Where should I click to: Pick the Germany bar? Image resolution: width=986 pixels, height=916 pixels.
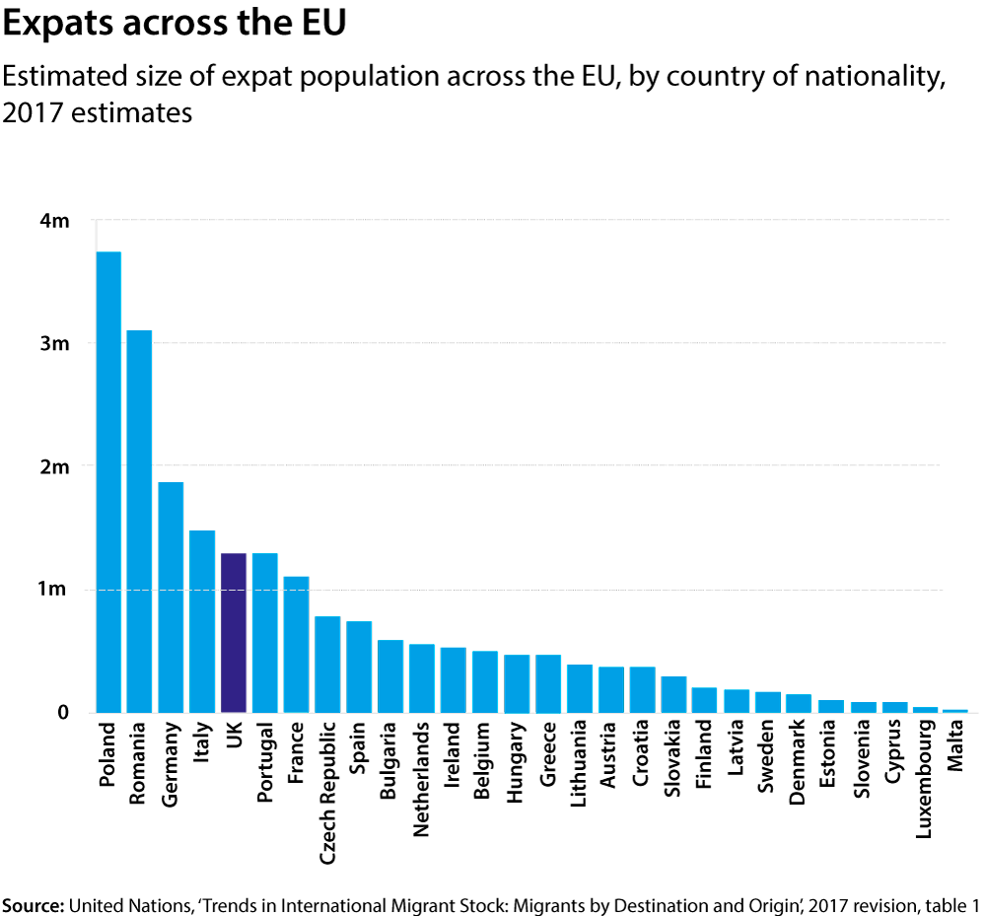(x=171, y=597)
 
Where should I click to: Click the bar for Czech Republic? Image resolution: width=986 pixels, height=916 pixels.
(x=327, y=664)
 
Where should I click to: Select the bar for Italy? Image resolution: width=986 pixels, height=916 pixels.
(x=202, y=621)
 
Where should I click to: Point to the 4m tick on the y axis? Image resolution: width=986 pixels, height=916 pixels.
(x=54, y=221)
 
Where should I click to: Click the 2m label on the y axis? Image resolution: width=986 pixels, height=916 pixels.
(x=54, y=466)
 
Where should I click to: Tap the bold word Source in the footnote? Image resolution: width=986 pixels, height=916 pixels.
(x=33, y=905)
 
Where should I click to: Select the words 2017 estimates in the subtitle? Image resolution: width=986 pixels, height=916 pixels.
(x=98, y=112)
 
